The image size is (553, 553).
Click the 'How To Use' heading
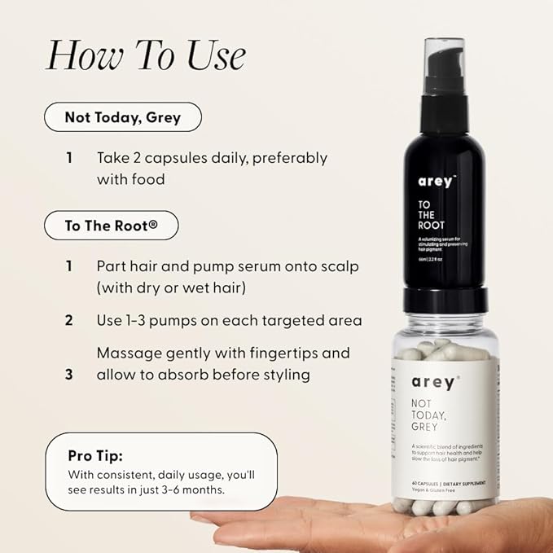(145, 55)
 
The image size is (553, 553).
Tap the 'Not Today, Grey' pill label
(122, 117)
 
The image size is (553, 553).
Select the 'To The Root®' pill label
(111, 226)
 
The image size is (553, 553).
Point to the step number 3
(69, 375)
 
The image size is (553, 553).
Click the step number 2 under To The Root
(69, 320)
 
